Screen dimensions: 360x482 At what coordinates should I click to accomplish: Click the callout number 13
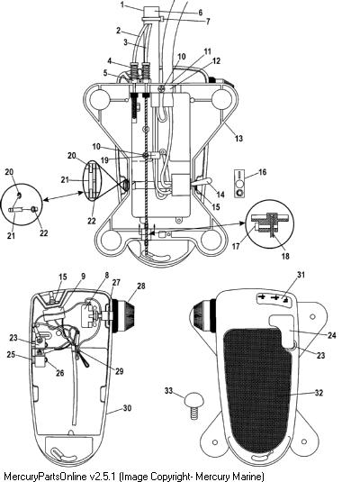tap(238, 139)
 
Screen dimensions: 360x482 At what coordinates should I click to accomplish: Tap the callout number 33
tap(168, 391)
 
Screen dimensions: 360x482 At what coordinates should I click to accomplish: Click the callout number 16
tap(262, 172)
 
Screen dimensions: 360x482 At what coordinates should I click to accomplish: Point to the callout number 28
tap(141, 286)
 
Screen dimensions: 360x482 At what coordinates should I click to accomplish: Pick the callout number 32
tap(319, 393)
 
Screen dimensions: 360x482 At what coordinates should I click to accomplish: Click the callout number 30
tap(127, 408)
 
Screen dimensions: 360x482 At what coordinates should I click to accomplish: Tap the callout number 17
tap(236, 247)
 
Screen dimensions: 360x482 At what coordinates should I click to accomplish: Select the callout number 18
tap(285, 256)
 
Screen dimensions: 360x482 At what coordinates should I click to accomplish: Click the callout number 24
tap(332, 335)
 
